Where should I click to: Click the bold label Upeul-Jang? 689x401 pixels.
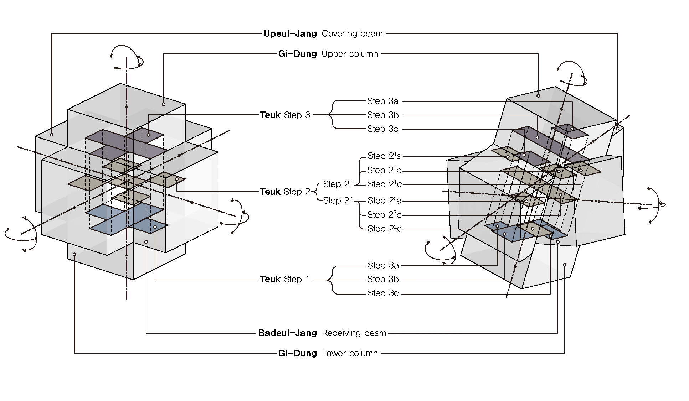[x=290, y=34]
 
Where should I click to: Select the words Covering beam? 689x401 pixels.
[x=352, y=34]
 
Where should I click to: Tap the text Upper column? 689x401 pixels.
[x=349, y=54]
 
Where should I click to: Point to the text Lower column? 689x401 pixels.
[x=349, y=353]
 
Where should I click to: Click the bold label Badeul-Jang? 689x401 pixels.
[x=287, y=333]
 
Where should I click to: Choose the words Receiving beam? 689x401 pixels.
[x=354, y=333]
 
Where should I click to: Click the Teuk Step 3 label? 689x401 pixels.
[x=285, y=115]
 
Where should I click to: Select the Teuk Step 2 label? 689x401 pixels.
[x=285, y=192]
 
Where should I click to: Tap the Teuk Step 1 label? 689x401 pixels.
[x=285, y=279]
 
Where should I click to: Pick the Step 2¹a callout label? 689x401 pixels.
[x=384, y=156]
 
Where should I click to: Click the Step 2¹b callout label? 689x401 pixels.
[x=384, y=170]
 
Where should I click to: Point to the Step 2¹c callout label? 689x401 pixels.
[x=384, y=184]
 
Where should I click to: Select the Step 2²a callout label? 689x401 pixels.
[x=384, y=200]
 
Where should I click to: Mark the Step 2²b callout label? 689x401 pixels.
[x=384, y=215]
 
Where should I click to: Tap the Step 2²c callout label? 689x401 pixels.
[x=384, y=229]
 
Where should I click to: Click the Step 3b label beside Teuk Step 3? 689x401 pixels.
[x=383, y=115]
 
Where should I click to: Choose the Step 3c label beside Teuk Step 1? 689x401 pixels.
[x=383, y=293]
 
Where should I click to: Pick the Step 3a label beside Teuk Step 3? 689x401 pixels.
[x=383, y=101]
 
